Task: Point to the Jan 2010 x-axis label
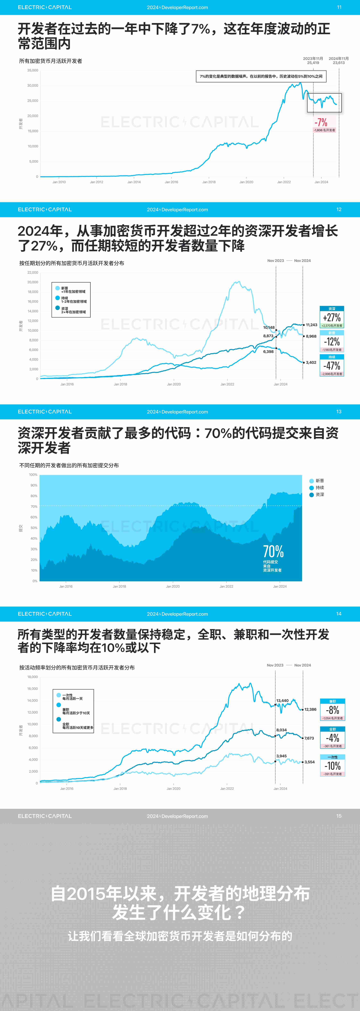pyautogui.click(x=59, y=182)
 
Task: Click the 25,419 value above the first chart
pyautogui.click(x=313, y=63)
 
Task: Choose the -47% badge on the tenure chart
pyautogui.click(x=332, y=366)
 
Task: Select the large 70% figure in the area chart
pyautogui.click(x=273, y=551)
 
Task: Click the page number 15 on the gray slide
pyautogui.click(x=339, y=816)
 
